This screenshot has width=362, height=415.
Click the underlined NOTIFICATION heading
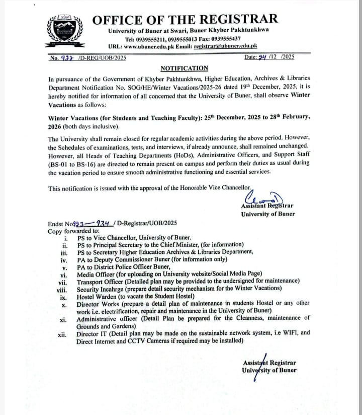tap(184, 68)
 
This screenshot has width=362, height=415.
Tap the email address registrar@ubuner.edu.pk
tap(226, 46)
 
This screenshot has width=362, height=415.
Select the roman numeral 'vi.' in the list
tap(63, 275)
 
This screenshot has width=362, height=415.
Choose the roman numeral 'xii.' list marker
tap(62, 333)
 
